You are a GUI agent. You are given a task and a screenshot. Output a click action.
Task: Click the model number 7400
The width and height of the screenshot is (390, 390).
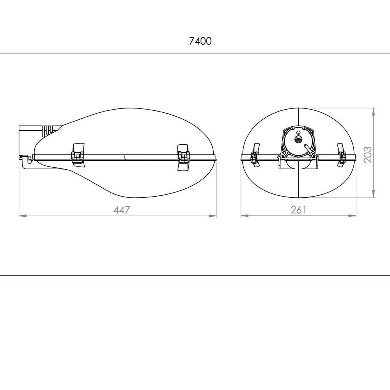click(200, 41)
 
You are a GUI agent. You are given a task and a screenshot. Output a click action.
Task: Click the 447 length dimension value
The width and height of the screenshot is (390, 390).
click(122, 210)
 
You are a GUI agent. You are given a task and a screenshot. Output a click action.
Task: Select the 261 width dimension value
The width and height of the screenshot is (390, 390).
click(298, 210)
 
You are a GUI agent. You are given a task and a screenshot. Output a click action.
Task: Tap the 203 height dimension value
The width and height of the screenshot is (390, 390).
click(368, 155)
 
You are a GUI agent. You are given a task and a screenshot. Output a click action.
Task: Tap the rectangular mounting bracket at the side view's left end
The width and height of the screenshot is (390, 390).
click(30, 140)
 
